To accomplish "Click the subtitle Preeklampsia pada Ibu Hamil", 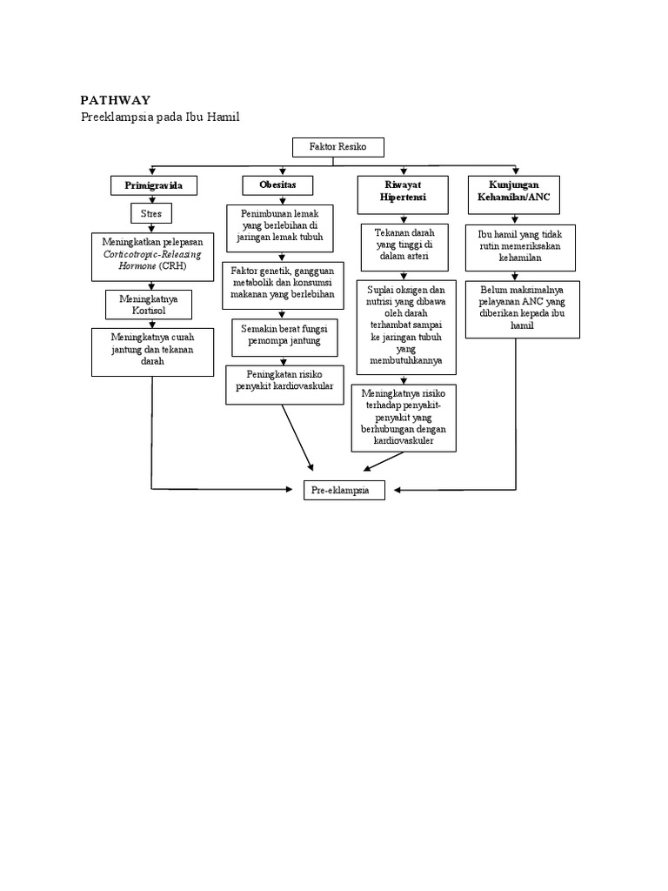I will [x=159, y=117].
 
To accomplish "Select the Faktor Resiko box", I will [x=337, y=147].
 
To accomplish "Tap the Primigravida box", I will [x=153, y=186].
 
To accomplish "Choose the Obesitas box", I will [x=277, y=185].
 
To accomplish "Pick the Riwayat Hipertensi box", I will [x=403, y=191].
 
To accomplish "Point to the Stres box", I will [x=152, y=212].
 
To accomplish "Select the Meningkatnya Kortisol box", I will [x=153, y=305].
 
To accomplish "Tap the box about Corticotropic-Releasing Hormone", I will [x=152, y=257].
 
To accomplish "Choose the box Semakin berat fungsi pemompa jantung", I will [x=281, y=334].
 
